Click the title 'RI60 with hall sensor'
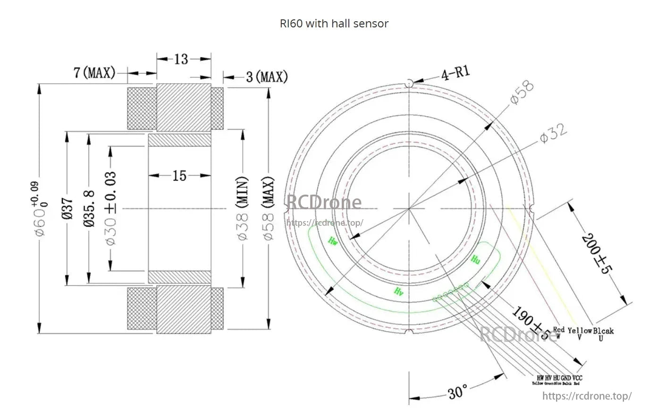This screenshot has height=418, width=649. pyautogui.click(x=334, y=23)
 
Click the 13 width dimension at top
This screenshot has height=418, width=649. pyautogui.click(x=181, y=59)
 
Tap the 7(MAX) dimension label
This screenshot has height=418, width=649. pyautogui.click(x=94, y=73)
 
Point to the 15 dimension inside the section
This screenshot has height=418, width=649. pyautogui.click(x=179, y=176)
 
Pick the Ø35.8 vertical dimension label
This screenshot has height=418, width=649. pyautogui.click(x=89, y=208)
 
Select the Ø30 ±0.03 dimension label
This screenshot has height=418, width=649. pyautogui.click(x=111, y=208)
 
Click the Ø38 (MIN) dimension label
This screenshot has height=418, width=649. pyautogui.click(x=242, y=208)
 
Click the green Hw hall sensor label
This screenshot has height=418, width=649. pyautogui.click(x=333, y=242)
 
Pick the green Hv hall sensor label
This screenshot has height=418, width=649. pyautogui.click(x=399, y=291)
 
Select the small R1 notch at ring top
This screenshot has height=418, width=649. pyautogui.click(x=410, y=84)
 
